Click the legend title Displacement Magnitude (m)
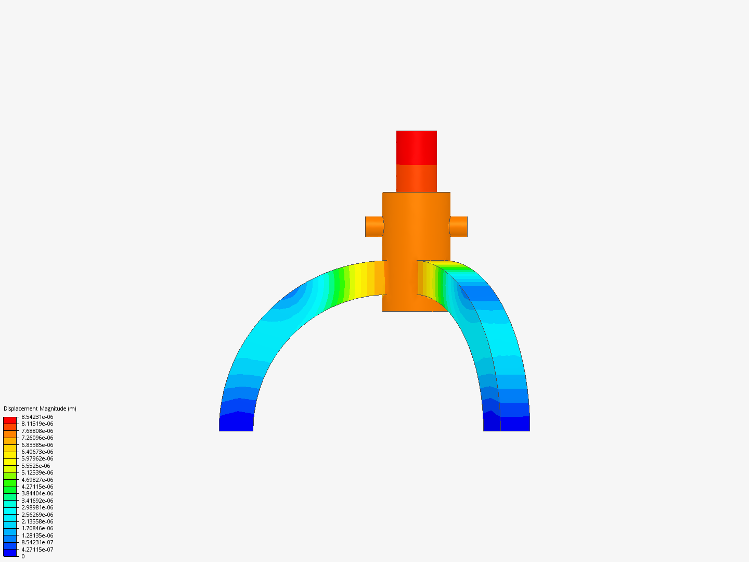coord(40,408)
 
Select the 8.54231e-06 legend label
coord(37,417)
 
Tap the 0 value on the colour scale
coord(23,556)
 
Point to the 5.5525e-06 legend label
coord(36,466)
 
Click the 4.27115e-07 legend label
coord(37,550)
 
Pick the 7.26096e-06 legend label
coord(37,438)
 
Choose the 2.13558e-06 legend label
coord(37,521)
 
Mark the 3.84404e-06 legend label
coord(37,493)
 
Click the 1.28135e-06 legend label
coord(37,535)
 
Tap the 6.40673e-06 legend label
coord(37,452)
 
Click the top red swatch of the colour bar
coord(10,420)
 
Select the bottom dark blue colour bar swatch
coord(10,553)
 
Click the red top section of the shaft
coord(416,148)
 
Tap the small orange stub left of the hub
coord(373,226)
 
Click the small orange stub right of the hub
coord(459,226)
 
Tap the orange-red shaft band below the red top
coord(416,178)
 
